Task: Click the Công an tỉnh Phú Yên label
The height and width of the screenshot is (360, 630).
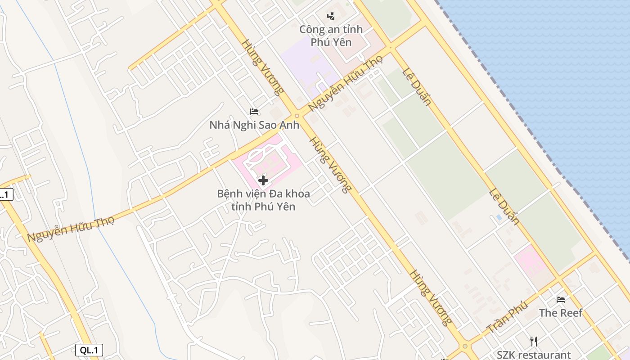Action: click(x=331, y=36)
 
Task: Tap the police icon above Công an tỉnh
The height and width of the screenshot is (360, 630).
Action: click(x=331, y=17)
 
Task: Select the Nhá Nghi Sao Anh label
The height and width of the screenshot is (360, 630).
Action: click(x=254, y=125)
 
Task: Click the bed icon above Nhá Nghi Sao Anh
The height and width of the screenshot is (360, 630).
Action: click(x=254, y=111)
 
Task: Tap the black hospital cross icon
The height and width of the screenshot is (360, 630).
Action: click(x=263, y=181)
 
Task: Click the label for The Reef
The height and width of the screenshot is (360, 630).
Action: click(x=561, y=313)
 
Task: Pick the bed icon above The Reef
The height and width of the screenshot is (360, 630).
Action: click(x=561, y=299)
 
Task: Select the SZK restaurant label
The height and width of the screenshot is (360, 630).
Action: click(x=534, y=355)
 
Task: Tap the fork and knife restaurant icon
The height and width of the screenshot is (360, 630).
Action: click(x=534, y=341)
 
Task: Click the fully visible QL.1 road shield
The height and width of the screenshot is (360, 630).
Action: click(x=89, y=350)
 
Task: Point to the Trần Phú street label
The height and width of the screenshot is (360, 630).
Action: click(x=507, y=318)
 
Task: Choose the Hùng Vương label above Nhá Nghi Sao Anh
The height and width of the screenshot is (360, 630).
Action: click(x=263, y=67)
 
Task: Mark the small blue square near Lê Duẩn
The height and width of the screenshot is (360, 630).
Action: click(x=499, y=217)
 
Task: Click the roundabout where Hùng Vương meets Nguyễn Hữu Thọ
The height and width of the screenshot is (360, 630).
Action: click(x=297, y=116)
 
